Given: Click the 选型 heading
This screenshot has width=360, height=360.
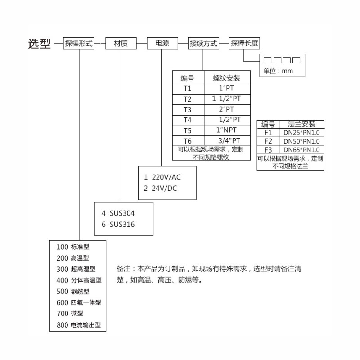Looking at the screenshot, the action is (40, 44).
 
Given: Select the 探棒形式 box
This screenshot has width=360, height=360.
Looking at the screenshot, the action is (79, 44).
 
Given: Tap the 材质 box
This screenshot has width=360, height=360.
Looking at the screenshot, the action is (121, 44).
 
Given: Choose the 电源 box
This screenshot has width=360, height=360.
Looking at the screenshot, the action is (162, 44).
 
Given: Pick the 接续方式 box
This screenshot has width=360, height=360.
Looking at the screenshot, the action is (203, 44).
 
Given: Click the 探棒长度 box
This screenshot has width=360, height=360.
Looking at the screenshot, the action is (244, 44).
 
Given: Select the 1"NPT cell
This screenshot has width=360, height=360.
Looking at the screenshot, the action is (227, 130).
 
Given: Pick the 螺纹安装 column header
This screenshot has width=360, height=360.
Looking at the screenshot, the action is (227, 78).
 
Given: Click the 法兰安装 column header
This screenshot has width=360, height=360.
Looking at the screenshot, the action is (301, 124).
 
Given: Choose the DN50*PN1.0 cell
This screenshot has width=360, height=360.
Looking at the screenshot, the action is (301, 141).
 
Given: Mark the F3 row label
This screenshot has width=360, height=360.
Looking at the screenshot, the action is (268, 149).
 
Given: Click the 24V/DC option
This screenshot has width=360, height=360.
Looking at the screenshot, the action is (163, 189).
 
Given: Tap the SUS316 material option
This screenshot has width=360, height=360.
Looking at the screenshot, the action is (121, 224).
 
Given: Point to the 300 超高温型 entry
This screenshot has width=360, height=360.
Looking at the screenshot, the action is (76, 269).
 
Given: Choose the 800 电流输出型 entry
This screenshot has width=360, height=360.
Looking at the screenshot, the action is (79, 324).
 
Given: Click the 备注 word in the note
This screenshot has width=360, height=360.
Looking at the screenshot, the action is (123, 269).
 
